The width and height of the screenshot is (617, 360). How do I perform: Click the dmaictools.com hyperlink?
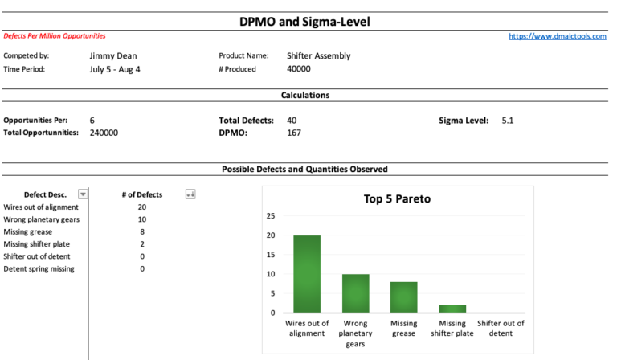[558, 36]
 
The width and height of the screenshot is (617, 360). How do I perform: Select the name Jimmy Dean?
[113, 56]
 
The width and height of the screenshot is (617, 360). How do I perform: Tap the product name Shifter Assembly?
[318, 56]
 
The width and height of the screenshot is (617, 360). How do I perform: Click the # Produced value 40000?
[298, 69]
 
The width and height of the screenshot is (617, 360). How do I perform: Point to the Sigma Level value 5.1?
[508, 121]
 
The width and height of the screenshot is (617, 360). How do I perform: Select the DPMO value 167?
[293, 133]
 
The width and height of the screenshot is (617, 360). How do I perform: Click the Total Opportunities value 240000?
[104, 133]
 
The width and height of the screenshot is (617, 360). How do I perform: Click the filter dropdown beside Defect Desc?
[82, 194]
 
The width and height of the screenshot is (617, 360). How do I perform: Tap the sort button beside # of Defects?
[190, 194]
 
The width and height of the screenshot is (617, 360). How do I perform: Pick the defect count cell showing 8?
[142, 231]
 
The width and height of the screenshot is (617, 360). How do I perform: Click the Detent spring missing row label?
[39, 268]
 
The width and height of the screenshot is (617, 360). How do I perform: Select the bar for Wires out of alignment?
[307, 274]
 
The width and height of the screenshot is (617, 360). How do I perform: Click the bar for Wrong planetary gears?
[356, 293]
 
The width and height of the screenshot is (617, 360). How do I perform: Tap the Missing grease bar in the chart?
[404, 297]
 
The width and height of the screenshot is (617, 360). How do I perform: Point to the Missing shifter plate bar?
[452, 309]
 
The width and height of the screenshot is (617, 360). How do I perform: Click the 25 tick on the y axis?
[271, 216]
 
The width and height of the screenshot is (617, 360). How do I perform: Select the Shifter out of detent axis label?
[501, 328]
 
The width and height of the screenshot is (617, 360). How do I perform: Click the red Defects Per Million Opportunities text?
[55, 36]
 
